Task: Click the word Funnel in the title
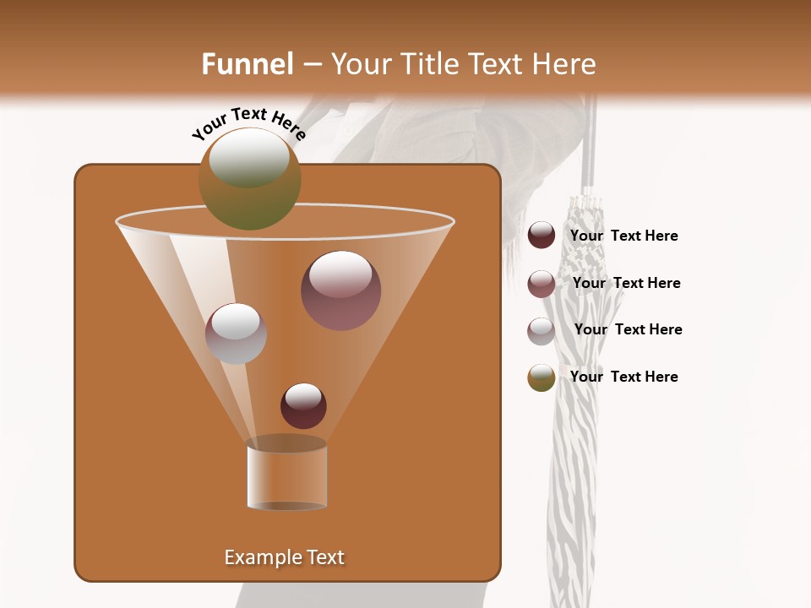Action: [x=248, y=64]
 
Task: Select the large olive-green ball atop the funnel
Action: [x=250, y=179]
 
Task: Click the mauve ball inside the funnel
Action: [x=340, y=290]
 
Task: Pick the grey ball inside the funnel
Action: [x=236, y=334]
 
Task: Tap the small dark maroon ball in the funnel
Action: [x=303, y=405]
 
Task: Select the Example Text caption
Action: [x=285, y=557]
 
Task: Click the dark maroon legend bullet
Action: [x=542, y=236]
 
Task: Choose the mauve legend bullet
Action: [x=542, y=284]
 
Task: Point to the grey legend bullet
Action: [x=542, y=331]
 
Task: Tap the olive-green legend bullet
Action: [x=542, y=377]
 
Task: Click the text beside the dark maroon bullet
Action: [x=624, y=236]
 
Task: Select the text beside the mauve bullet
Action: [x=627, y=284]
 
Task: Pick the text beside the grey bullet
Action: [x=629, y=330]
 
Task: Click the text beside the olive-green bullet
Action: [x=624, y=377]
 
